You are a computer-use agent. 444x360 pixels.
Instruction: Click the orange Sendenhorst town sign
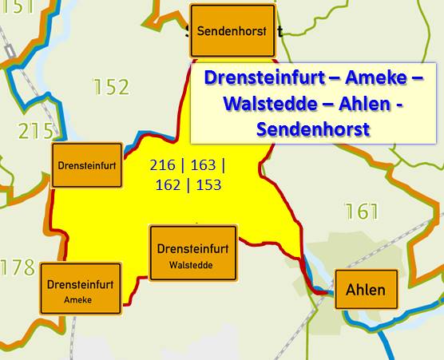pos(232,31)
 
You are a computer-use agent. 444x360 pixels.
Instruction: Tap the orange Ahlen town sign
pos(366,290)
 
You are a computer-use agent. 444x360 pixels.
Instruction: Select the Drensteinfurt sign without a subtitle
pos(87,165)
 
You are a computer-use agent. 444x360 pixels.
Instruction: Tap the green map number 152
pos(111,87)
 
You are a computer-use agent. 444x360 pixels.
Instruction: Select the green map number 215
pos(36,130)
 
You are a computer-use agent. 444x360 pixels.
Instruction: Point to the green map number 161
pos(361,212)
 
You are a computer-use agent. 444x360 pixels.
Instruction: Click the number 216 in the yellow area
pos(163,166)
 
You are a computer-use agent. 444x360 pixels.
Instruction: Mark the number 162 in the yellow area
pos(168,185)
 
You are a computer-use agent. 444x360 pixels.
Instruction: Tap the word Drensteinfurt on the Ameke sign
pos(80,284)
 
